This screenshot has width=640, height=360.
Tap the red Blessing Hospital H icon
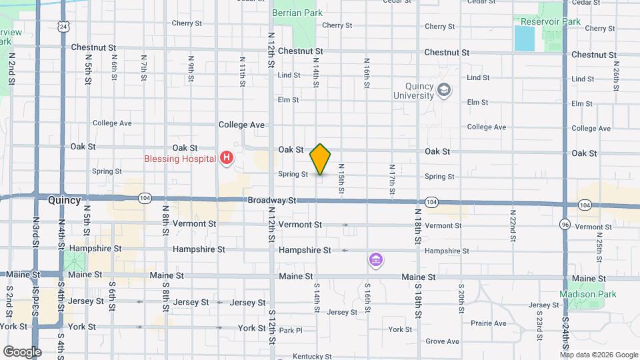[x=227, y=158]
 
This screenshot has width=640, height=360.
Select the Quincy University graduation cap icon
[x=444, y=89]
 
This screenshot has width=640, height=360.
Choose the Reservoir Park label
[x=551, y=21]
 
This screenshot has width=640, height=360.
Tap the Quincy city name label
[x=65, y=200]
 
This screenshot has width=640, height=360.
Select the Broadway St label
[x=271, y=200]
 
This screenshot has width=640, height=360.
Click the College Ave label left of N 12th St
[x=242, y=125]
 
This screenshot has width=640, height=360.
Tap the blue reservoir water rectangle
[x=525, y=39]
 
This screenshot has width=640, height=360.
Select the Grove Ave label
[x=443, y=341]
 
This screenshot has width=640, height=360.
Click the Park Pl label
[x=291, y=330]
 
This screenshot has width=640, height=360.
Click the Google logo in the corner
[x=21, y=351]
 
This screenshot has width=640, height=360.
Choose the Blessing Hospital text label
[x=180, y=159]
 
